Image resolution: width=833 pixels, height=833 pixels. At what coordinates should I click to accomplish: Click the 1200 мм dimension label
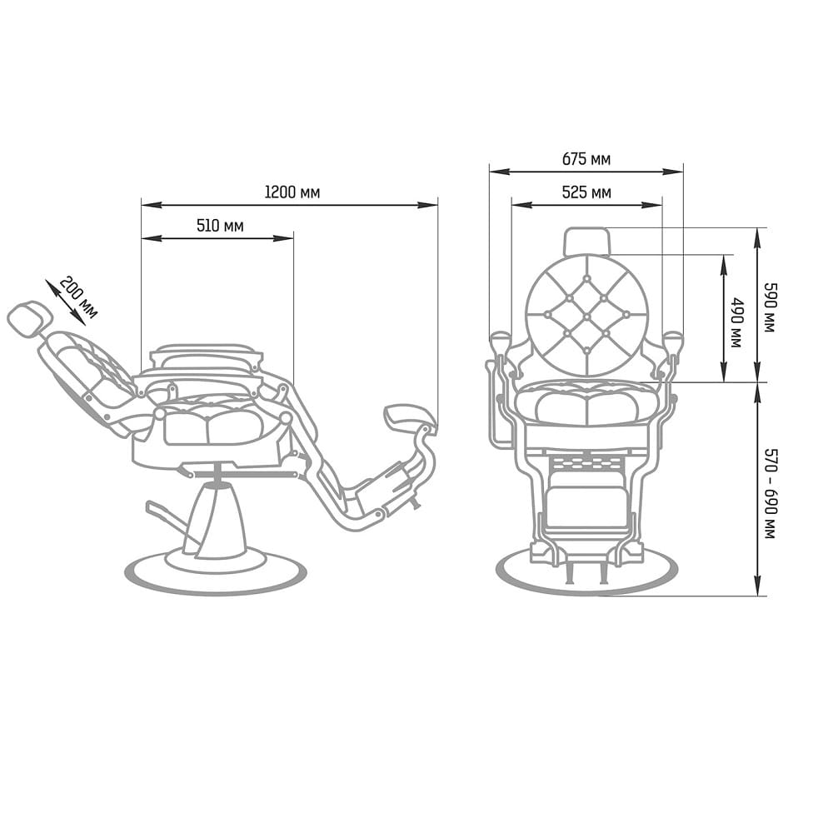pos(292,192)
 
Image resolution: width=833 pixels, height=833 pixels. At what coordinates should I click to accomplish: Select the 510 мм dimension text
pos(220,226)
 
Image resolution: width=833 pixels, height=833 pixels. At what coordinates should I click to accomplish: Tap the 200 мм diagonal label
pos(78,298)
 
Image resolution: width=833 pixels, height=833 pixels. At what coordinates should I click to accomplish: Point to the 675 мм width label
pos(586,159)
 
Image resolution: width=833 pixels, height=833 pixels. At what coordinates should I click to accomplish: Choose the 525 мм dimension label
pos(586,192)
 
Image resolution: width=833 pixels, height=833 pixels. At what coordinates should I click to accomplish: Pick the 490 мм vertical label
pos(737,322)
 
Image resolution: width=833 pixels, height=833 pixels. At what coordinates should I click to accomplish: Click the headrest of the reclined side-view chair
pos(29,318)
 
